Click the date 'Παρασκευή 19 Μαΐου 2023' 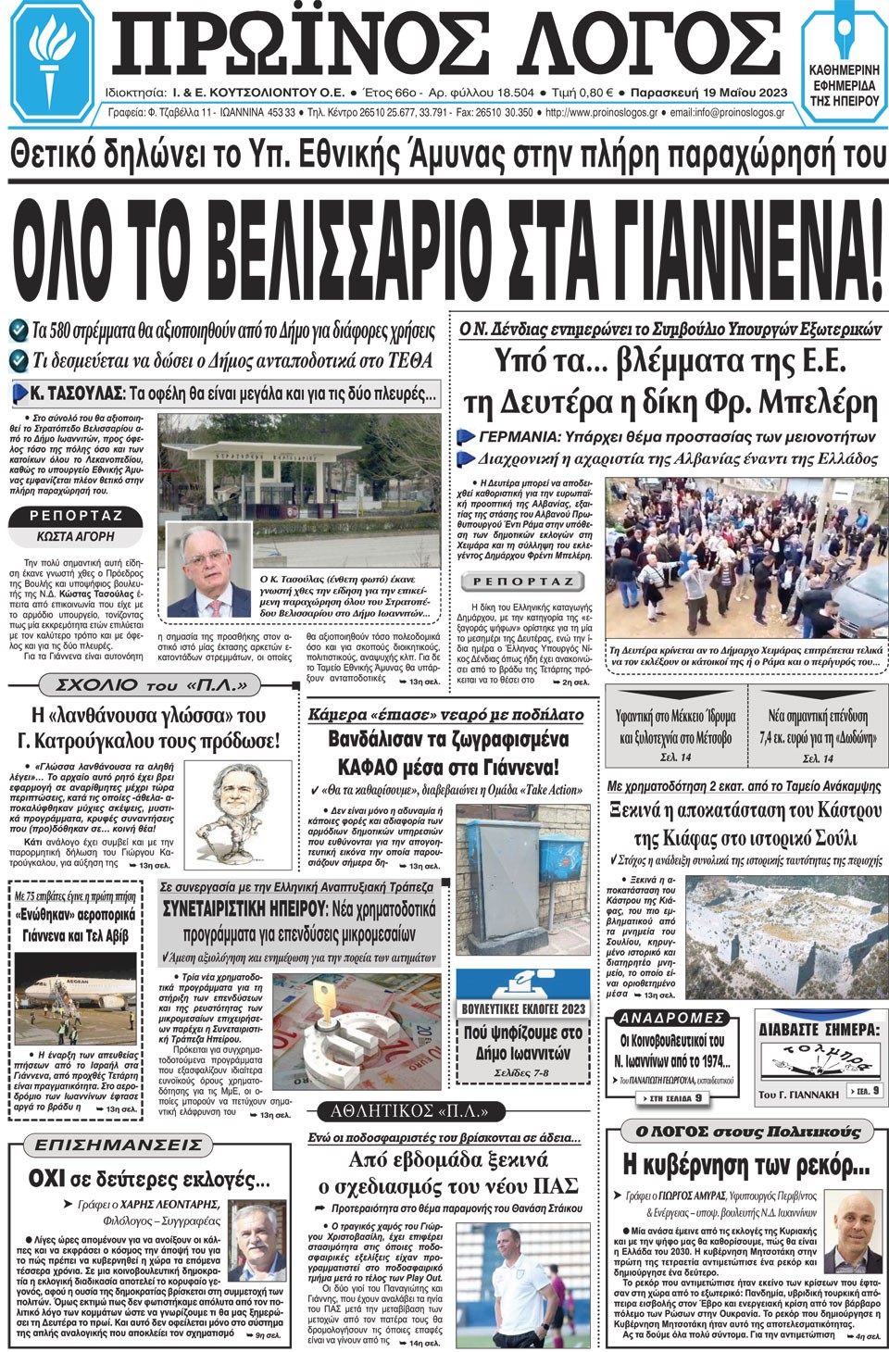[710, 93]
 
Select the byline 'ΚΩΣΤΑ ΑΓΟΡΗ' [76, 536]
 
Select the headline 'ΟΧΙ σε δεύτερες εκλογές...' [148, 1179]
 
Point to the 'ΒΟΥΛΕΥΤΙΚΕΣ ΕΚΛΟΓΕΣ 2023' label [523, 1008]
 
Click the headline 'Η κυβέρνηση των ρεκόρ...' [745, 1163]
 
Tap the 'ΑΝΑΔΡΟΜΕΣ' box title [672, 1018]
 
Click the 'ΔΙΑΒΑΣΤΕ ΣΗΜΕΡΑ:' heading [819, 1029]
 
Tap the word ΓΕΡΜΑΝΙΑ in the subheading [519, 436]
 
